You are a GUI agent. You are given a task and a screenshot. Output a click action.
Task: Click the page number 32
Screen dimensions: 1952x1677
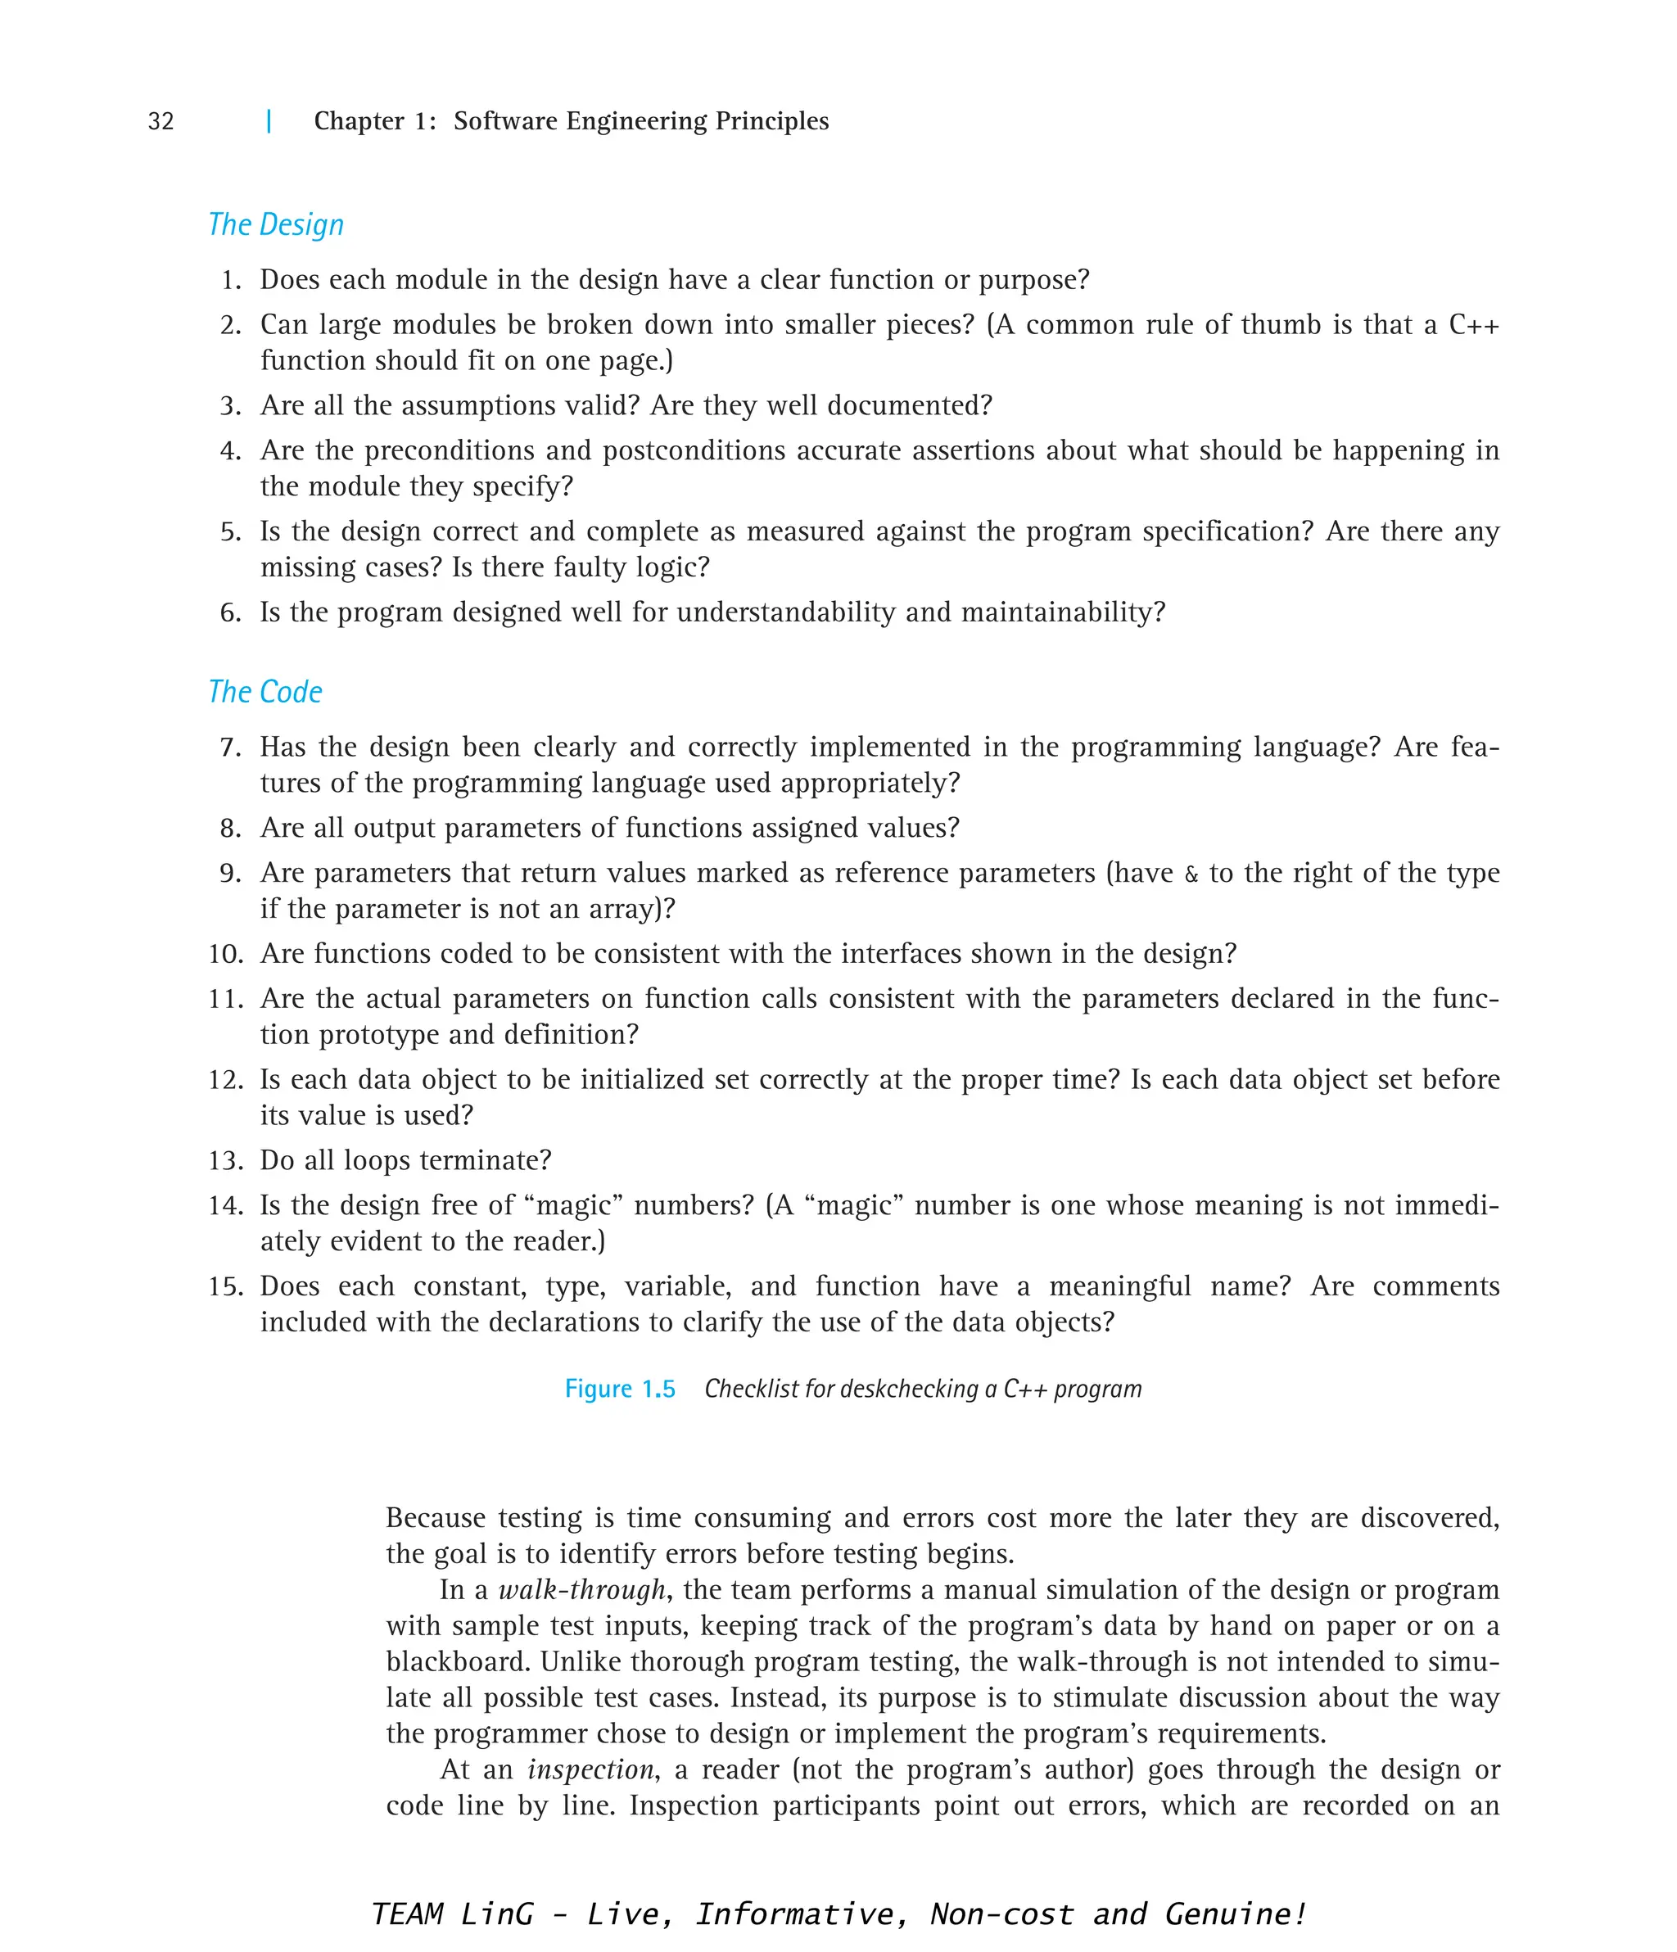[161, 121]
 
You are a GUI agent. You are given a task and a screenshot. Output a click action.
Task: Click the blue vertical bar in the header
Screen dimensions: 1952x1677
[269, 120]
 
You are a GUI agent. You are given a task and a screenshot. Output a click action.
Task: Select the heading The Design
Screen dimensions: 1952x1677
[276, 225]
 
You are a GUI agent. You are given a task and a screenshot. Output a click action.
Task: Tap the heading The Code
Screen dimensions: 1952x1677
[265, 693]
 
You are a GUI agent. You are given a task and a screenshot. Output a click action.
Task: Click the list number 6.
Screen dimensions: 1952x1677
[231, 613]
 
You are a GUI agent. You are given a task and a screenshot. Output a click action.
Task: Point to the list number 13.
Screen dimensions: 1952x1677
[226, 1161]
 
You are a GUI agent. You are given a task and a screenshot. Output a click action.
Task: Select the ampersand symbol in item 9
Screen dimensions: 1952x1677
[1191, 874]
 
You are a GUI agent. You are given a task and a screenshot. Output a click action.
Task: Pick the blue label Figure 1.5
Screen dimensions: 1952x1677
[620, 1389]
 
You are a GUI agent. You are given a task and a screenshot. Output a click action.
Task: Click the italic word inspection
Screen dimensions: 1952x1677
[590, 1770]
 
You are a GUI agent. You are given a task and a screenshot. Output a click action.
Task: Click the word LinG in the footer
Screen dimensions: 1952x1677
[497, 1914]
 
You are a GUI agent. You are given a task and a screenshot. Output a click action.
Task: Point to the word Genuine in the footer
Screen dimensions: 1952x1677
[1233, 1914]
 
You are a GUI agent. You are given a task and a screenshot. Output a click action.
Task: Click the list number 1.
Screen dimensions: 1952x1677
[231, 281]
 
